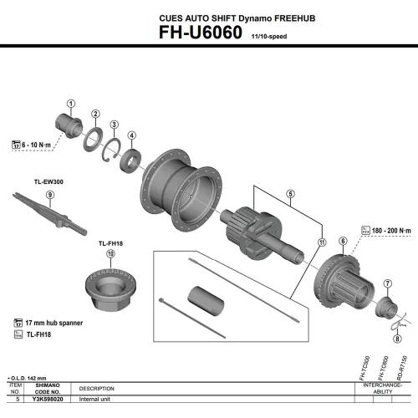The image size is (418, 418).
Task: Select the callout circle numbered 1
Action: (71, 104)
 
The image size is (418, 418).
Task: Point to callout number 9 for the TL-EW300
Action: (50, 195)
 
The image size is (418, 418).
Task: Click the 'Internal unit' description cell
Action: (100, 400)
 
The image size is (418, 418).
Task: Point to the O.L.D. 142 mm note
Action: (26, 379)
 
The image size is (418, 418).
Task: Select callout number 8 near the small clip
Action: (397, 340)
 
